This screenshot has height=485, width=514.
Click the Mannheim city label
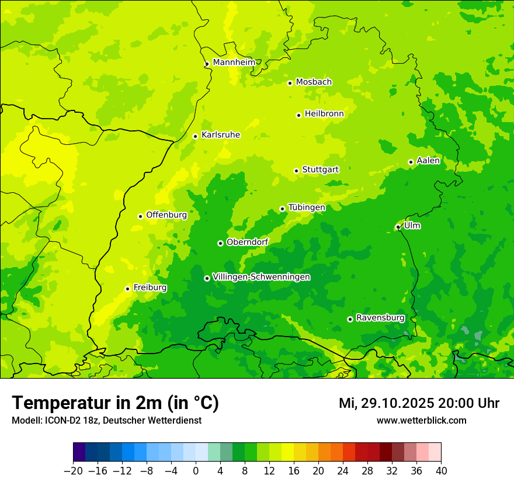(x=234, y=62)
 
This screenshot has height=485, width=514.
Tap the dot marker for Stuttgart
(x=296, y=171)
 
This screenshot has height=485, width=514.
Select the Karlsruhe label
(x=220, y=135)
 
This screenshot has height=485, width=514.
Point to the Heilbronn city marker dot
(x=298, y=115)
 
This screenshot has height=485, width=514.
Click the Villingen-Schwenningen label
(x=261, y=277)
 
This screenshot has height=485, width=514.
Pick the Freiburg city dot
(x=127, y=289)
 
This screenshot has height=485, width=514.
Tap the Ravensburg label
(x=380, y=318)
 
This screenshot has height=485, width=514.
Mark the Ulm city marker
(x=398, y=227)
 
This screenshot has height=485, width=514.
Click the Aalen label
(x=428, y=161)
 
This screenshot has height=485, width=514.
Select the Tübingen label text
(x=307, y=207)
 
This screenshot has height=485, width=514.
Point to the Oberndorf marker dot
(x=220, y=243)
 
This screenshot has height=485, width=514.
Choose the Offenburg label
(x=166, y=215)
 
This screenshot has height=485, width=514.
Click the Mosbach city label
(x=314, y=82)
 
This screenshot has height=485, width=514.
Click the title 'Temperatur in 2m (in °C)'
(x=115, y=403)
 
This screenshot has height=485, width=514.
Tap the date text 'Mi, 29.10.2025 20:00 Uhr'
(x=419, y=403)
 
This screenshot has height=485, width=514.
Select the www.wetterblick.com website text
(x=421, y=420)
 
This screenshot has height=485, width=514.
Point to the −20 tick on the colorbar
(x=73, y=471)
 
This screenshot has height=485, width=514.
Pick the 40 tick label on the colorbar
(x=441, y=471)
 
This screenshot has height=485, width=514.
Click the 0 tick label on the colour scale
(x=196, y=471)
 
